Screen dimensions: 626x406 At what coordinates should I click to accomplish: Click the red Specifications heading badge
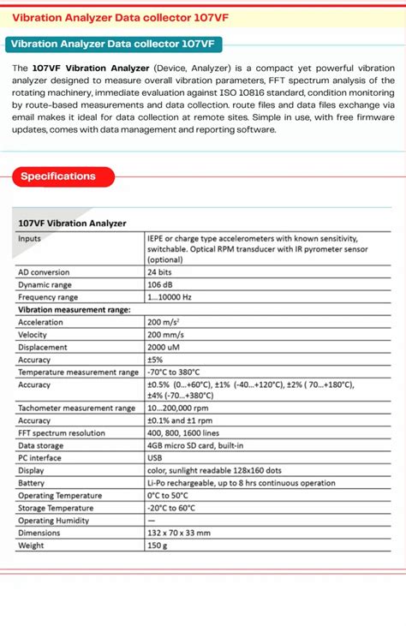click(58, 176)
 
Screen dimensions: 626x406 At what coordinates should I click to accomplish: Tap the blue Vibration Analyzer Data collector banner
click(112, 44)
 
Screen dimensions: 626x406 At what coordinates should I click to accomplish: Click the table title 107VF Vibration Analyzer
click(72, 223)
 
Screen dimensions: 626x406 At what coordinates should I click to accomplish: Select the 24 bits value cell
click(162, 272)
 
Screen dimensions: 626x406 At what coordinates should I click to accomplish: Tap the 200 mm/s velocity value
click(167, 335)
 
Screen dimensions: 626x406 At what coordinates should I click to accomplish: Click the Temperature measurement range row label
click(78, 373)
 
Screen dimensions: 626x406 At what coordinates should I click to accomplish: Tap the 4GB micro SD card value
click(195, 446)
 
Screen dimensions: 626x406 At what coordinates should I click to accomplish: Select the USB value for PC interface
click(156, 458)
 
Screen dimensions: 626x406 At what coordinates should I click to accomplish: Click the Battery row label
click(33, 483)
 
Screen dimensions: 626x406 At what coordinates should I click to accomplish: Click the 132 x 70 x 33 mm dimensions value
click(178, 533)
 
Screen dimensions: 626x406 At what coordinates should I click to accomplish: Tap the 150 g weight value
click(158, 546)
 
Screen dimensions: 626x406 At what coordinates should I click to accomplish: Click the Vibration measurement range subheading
click(75, 309)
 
